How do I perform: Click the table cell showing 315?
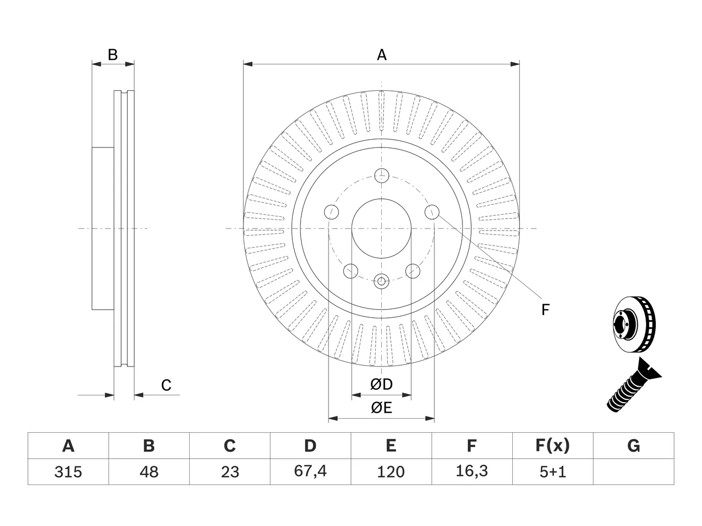[x=68, y=472]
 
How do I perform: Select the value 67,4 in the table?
[x=310, y=472]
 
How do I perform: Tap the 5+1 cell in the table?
[x=553, y=472]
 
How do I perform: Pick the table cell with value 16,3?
[x=472, y=472]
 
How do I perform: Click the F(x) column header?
[x=553, y=445]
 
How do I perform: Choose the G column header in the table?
[x=633, y=445]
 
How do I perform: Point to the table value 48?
[x=149, y=472]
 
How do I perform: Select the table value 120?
[x=391, y=472]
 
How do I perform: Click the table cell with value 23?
[x=230, y=472]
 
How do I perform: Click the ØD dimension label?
[x=381, y=384]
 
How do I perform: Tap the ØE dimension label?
[x=381, y=408]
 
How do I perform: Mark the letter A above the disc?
[x=382, y=55]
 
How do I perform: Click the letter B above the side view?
[x=112, y=55]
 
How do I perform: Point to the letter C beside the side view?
[x=166, y=385]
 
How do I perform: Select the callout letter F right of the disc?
[x=545, y=310]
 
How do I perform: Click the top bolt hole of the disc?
[x=382, y=176]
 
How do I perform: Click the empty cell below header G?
[x=633, y=472]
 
